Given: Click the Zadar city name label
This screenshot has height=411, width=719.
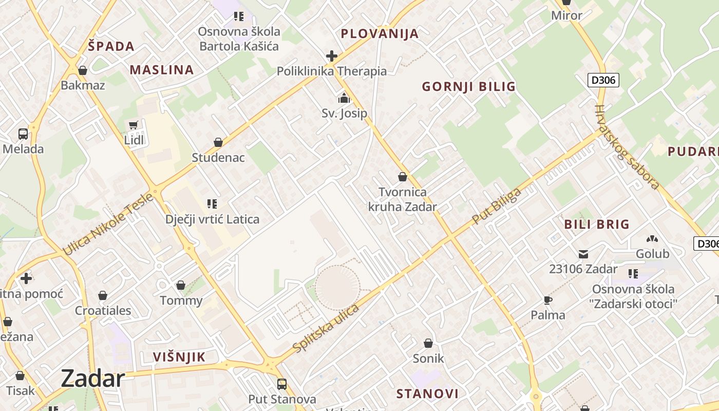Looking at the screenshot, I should tap(93, 379).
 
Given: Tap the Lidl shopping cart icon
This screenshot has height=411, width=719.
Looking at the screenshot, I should tap(134, 125).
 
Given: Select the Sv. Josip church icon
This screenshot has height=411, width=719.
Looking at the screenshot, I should tap(344, 98).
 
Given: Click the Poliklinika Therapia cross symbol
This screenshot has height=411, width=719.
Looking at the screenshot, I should tap(332, 55).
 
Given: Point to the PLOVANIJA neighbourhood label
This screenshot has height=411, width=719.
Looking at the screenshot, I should tap(380, 34).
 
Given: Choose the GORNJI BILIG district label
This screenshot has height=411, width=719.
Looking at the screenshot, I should tap(468, 86).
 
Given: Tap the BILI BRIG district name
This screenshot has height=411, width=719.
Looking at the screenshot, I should tap(597, 224).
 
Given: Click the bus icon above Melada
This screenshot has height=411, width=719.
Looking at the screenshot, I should tap(23, 134).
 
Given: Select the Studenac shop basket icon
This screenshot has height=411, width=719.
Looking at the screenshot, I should tap(218, 142).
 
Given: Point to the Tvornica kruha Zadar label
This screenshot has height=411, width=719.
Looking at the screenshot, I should tap(403, 199).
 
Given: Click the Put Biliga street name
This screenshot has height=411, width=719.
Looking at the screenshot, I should tap(496, 206).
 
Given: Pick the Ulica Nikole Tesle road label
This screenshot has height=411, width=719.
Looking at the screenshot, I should tap(108, 224).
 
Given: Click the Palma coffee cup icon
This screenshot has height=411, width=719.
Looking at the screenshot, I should tap(548, 300).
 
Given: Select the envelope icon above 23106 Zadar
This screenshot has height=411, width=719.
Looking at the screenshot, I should tap(583, 254).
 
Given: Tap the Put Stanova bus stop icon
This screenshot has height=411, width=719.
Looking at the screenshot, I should tap(282, 384).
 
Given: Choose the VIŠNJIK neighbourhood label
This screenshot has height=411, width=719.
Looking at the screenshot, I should tap(179, 357).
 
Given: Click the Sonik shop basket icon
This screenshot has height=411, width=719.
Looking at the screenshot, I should tap(428, 343).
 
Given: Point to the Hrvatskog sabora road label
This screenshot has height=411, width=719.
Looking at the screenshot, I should tap(627, 147).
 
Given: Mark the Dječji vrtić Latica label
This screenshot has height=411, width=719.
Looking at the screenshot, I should tap(212, 219).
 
